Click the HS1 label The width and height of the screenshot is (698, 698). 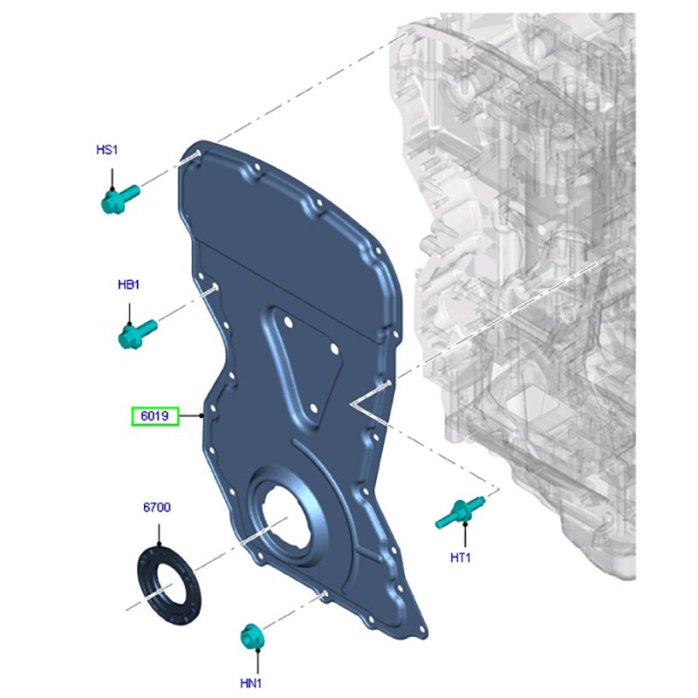107,150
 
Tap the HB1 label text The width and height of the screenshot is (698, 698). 128,284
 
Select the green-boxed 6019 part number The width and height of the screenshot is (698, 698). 155,416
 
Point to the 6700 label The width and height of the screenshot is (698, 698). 157,508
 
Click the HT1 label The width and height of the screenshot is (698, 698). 461,558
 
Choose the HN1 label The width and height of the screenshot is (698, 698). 250,683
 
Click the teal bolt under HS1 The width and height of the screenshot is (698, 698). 120,200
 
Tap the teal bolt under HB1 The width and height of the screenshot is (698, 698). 138,334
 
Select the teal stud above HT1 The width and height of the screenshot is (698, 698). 460,512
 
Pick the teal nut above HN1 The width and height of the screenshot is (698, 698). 251,637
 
